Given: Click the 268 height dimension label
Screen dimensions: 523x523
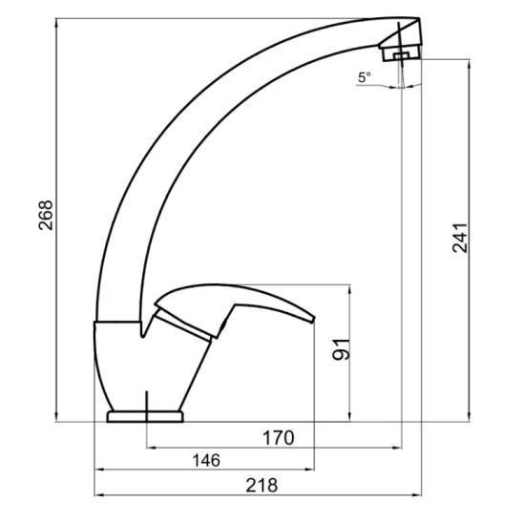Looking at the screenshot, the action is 46,215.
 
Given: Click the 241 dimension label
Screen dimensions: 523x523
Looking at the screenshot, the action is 460,238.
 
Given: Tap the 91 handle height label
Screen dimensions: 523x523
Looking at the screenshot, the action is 341,349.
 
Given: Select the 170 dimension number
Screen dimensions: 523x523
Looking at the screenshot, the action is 279,438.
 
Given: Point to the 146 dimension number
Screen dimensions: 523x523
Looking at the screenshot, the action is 206,461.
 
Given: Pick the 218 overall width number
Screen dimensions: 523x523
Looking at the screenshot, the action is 261,486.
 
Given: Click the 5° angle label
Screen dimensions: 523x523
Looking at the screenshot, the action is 365,77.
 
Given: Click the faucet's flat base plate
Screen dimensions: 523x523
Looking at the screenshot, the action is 145,417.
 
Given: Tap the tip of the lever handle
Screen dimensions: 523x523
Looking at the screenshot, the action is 313,319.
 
